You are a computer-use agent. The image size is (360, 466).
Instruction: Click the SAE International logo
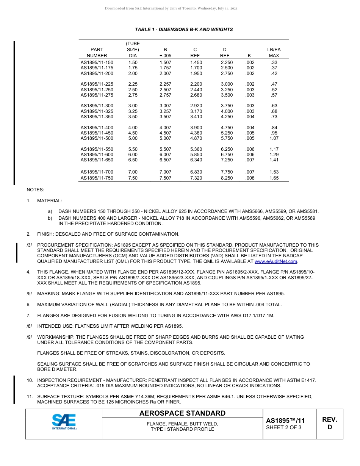(64, 422)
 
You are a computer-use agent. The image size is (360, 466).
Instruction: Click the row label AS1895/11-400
(97, 128)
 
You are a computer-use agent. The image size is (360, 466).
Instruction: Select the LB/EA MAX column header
(274, 53)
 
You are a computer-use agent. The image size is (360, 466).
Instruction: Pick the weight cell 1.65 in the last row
(274, 178)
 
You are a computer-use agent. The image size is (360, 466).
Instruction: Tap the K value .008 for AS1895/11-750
(250, 178)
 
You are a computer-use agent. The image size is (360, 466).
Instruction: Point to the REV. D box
(329, 423)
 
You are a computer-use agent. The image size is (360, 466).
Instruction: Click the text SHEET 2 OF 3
(283, 428)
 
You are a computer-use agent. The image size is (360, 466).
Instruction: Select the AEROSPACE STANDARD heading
(182, 413)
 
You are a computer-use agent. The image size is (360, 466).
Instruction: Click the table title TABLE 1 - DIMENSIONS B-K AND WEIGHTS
(184, 30)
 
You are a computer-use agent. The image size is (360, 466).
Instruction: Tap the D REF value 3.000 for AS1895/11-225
(227, 84)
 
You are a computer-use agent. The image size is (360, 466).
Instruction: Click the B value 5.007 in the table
(165, 138)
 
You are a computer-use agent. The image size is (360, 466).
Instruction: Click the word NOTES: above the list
(35, 189)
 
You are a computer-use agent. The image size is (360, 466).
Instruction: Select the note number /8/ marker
(29, 326)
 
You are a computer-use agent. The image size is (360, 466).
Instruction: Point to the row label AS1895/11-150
(97, 63)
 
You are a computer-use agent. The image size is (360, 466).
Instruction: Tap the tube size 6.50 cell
(133, 160)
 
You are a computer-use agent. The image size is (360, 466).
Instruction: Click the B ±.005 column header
(165, 53)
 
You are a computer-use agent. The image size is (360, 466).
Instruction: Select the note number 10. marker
(30, 380)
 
